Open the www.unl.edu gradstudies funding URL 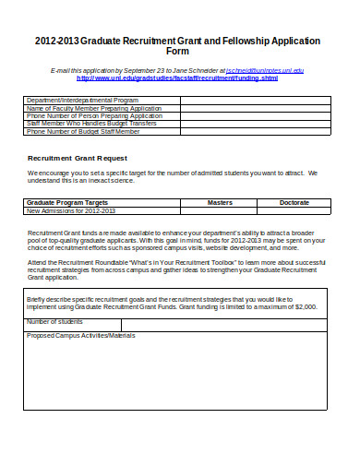[x=176, y=78]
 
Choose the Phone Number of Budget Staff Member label [x=84, y=132]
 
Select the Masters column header [x=220, y=201]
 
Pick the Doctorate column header [x=294, y=201]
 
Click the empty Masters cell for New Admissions [x=220, y=209]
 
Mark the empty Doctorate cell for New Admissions [x=294, y=209]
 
